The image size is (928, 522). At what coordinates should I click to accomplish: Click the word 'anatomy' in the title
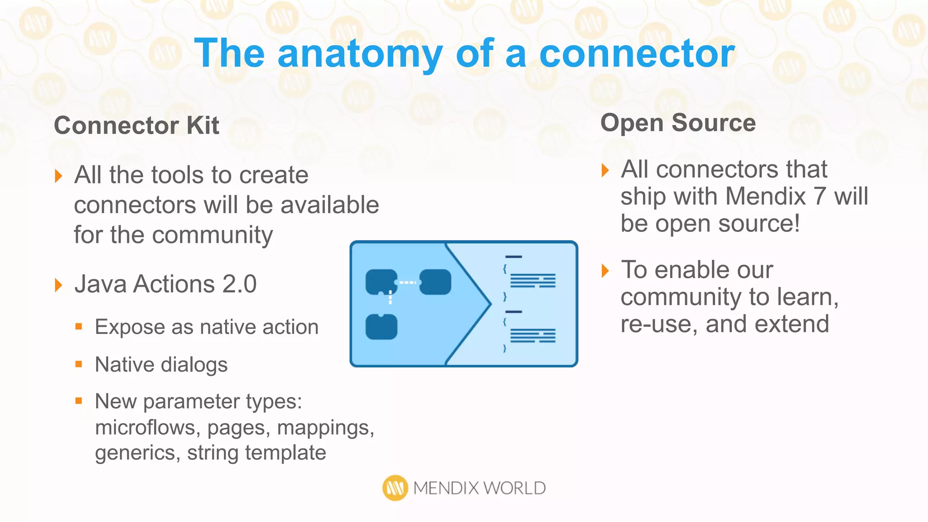360,54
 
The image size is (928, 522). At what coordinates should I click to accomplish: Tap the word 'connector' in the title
637,54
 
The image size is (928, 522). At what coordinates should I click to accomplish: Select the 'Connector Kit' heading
136,126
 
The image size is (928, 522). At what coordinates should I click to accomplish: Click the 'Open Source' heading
678,123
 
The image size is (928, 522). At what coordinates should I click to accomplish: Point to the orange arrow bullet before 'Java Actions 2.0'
58,285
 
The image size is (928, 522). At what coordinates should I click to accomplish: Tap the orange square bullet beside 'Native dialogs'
79,364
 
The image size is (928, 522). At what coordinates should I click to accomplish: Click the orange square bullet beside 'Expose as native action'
79,326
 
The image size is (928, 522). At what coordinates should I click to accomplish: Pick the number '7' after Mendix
819,197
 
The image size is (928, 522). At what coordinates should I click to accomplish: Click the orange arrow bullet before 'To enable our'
605,271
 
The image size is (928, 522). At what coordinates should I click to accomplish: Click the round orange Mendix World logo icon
395,488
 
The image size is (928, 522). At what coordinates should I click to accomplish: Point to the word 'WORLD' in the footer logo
514,488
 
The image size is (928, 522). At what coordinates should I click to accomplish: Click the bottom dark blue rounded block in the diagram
381,327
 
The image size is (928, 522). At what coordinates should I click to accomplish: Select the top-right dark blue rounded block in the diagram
435,282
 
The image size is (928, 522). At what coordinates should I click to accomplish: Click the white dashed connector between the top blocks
408,282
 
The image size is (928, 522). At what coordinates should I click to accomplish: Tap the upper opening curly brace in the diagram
504,269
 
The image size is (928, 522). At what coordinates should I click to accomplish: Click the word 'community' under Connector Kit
213,235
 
